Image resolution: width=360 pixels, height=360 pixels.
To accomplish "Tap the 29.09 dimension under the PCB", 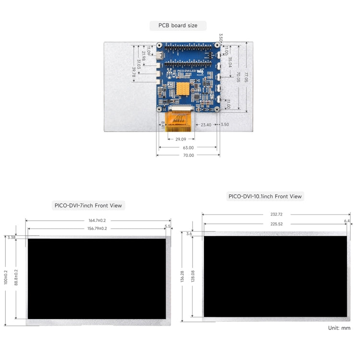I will pos(181,139).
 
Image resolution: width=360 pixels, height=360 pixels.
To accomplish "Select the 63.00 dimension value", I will pos(188,148).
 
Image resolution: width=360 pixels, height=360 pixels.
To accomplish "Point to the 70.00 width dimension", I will pos(188,156).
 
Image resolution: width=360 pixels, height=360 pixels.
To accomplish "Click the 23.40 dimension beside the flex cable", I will pos(206,125).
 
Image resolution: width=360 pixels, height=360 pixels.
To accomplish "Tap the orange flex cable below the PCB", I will pos(180,120).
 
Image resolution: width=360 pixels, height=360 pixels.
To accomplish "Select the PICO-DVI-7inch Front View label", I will pos(88,205).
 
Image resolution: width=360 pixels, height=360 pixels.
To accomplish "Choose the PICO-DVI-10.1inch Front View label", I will pos(265,196).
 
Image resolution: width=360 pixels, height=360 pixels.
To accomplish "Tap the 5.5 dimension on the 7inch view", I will pos(168,227).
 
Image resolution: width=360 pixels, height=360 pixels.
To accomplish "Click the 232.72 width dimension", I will pos(276,214).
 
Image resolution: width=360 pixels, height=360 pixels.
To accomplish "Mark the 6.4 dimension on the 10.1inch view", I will pos(347,221).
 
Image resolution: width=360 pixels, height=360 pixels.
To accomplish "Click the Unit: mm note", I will pos(339,328).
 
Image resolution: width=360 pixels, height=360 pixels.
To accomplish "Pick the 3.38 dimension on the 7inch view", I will pos(12,237).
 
